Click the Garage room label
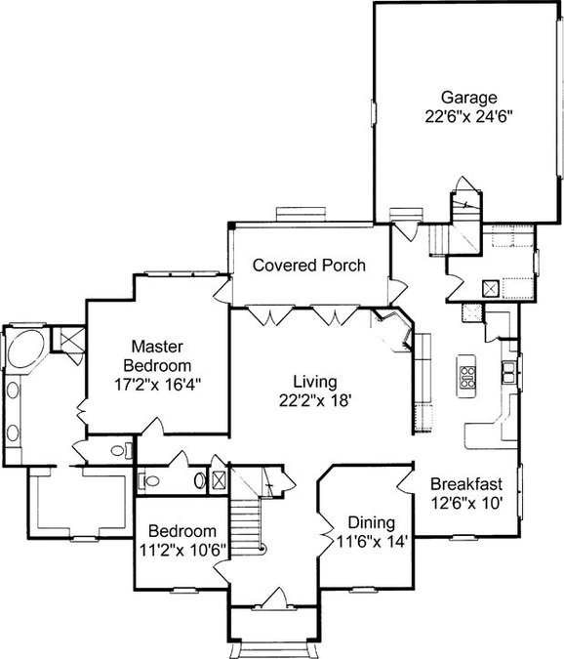468,98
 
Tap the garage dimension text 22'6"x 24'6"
469,116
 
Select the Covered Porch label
309,266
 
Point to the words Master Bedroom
157,356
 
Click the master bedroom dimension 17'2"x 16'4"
157,384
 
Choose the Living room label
315,382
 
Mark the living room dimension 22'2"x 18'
315,400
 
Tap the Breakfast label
466,483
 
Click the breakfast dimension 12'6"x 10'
466,502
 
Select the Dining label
372,523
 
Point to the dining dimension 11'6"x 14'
372,541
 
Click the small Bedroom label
182,531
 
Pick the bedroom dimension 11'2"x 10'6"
182,550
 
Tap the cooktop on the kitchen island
467,377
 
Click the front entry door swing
275,597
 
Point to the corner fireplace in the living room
393,330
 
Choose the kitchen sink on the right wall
508,373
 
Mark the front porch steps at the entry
273,650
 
